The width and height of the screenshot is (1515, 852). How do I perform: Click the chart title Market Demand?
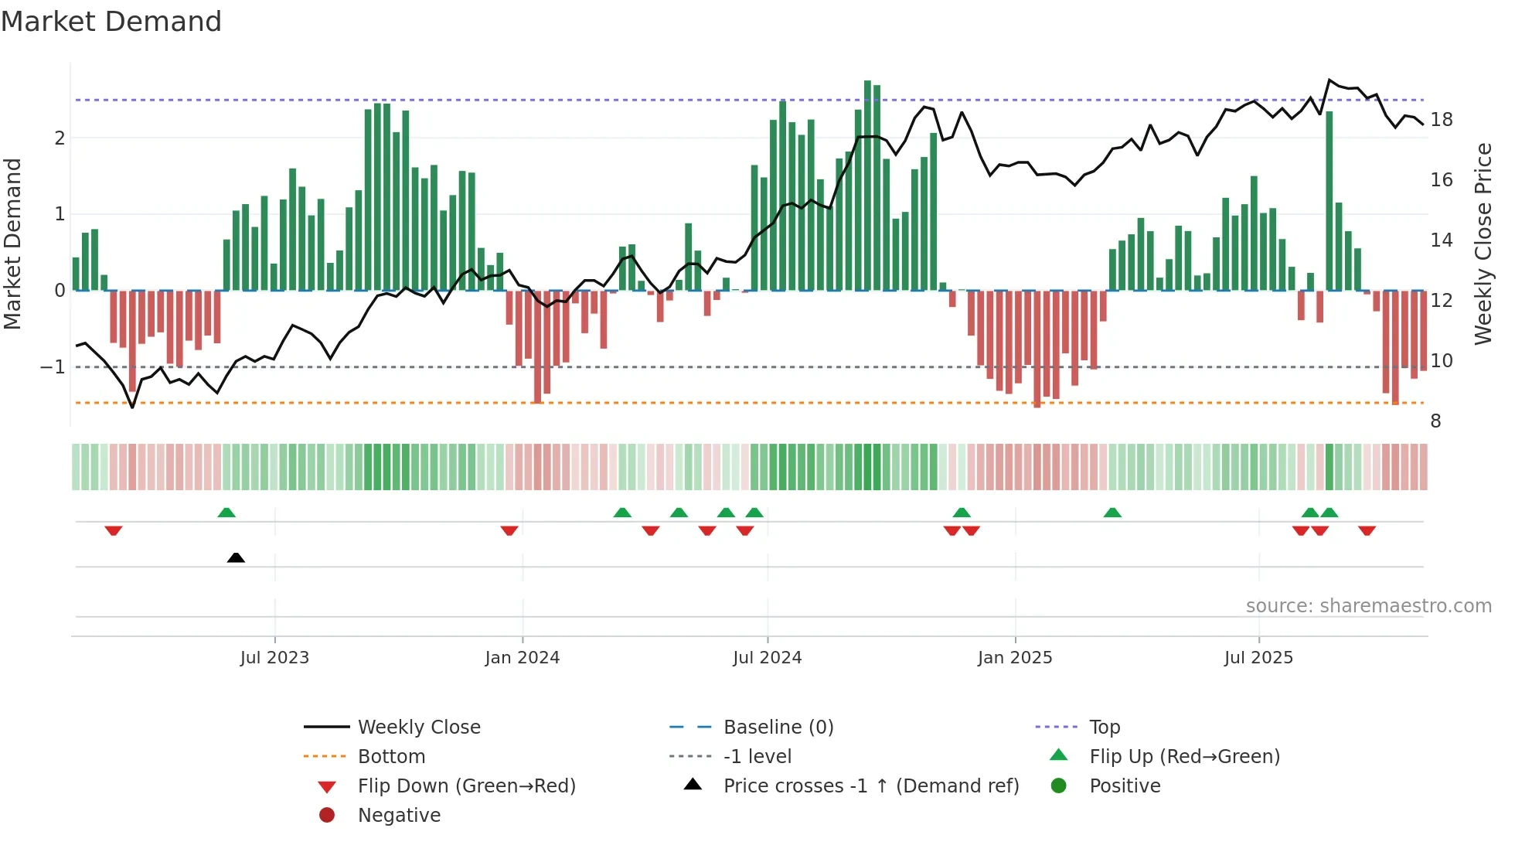(x=111, y=22)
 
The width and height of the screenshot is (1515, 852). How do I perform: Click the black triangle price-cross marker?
(x=236, y=557)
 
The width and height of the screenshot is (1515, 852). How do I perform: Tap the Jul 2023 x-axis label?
(x=274, y=658)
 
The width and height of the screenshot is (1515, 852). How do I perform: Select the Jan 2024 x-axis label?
(x=522, y=658)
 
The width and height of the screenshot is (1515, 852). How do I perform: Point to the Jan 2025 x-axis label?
(x=1014, y=658)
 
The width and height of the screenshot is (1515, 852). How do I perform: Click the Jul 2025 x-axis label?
(x=1258, y=658)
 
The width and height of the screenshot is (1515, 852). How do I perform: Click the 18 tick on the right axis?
(x=1442, y=120)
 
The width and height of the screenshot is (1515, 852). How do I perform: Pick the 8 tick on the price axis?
(x=1435, y=421)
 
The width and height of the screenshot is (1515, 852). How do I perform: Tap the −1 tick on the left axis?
(x=53, y=366)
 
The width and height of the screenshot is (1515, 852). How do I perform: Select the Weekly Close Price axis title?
(x=1483, y=244)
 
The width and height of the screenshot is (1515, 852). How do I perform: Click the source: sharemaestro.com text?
(x=1368, y=606)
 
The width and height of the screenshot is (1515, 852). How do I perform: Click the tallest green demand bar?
(x=867, y=186)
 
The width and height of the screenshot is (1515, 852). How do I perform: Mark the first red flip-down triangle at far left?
(x=114, y=530)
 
